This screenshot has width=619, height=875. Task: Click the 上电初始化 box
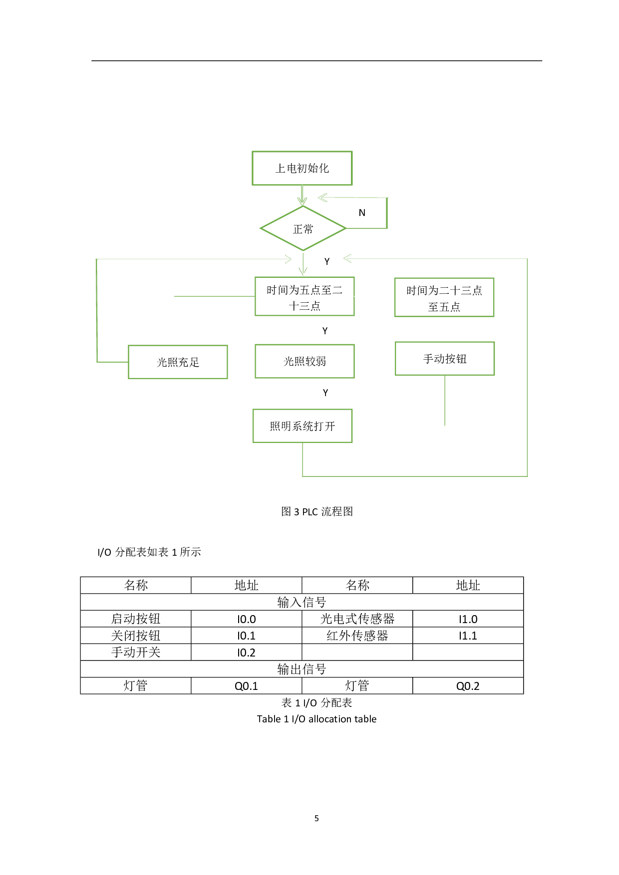(x=302, y=168)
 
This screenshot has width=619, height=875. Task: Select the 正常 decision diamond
(x=303, y=229)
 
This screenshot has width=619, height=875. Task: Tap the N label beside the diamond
(x=362, y=213)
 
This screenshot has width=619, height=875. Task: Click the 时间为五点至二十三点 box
(x=305, y=297)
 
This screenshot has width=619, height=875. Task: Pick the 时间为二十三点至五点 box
(x=444, y=298)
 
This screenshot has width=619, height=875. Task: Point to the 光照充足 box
(x=178, y=362)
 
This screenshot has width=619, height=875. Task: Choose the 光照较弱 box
(x=305, y=361)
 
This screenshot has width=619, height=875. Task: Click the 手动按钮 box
(x=445, y=359)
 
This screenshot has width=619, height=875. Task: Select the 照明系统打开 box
(x=303, y=426)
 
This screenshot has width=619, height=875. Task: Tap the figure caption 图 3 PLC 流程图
(x=317, y=512)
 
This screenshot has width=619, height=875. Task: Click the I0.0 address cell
(x=247, y=619)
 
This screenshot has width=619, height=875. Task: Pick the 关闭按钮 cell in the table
(x=136, y=636)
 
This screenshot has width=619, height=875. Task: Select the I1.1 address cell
(x=468, y=636)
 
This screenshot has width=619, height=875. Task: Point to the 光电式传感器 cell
(x=357, y=619)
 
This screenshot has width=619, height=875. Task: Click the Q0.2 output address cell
(x=468, y=686)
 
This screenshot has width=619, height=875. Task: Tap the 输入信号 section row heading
(x=302, y=602)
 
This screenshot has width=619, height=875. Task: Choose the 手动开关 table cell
(x=136, y=653)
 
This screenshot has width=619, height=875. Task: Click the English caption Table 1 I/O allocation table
(x=316, y=719)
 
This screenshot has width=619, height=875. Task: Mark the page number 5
(x=316, y=818)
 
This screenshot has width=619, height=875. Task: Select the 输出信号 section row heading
(x=302, y=669)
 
